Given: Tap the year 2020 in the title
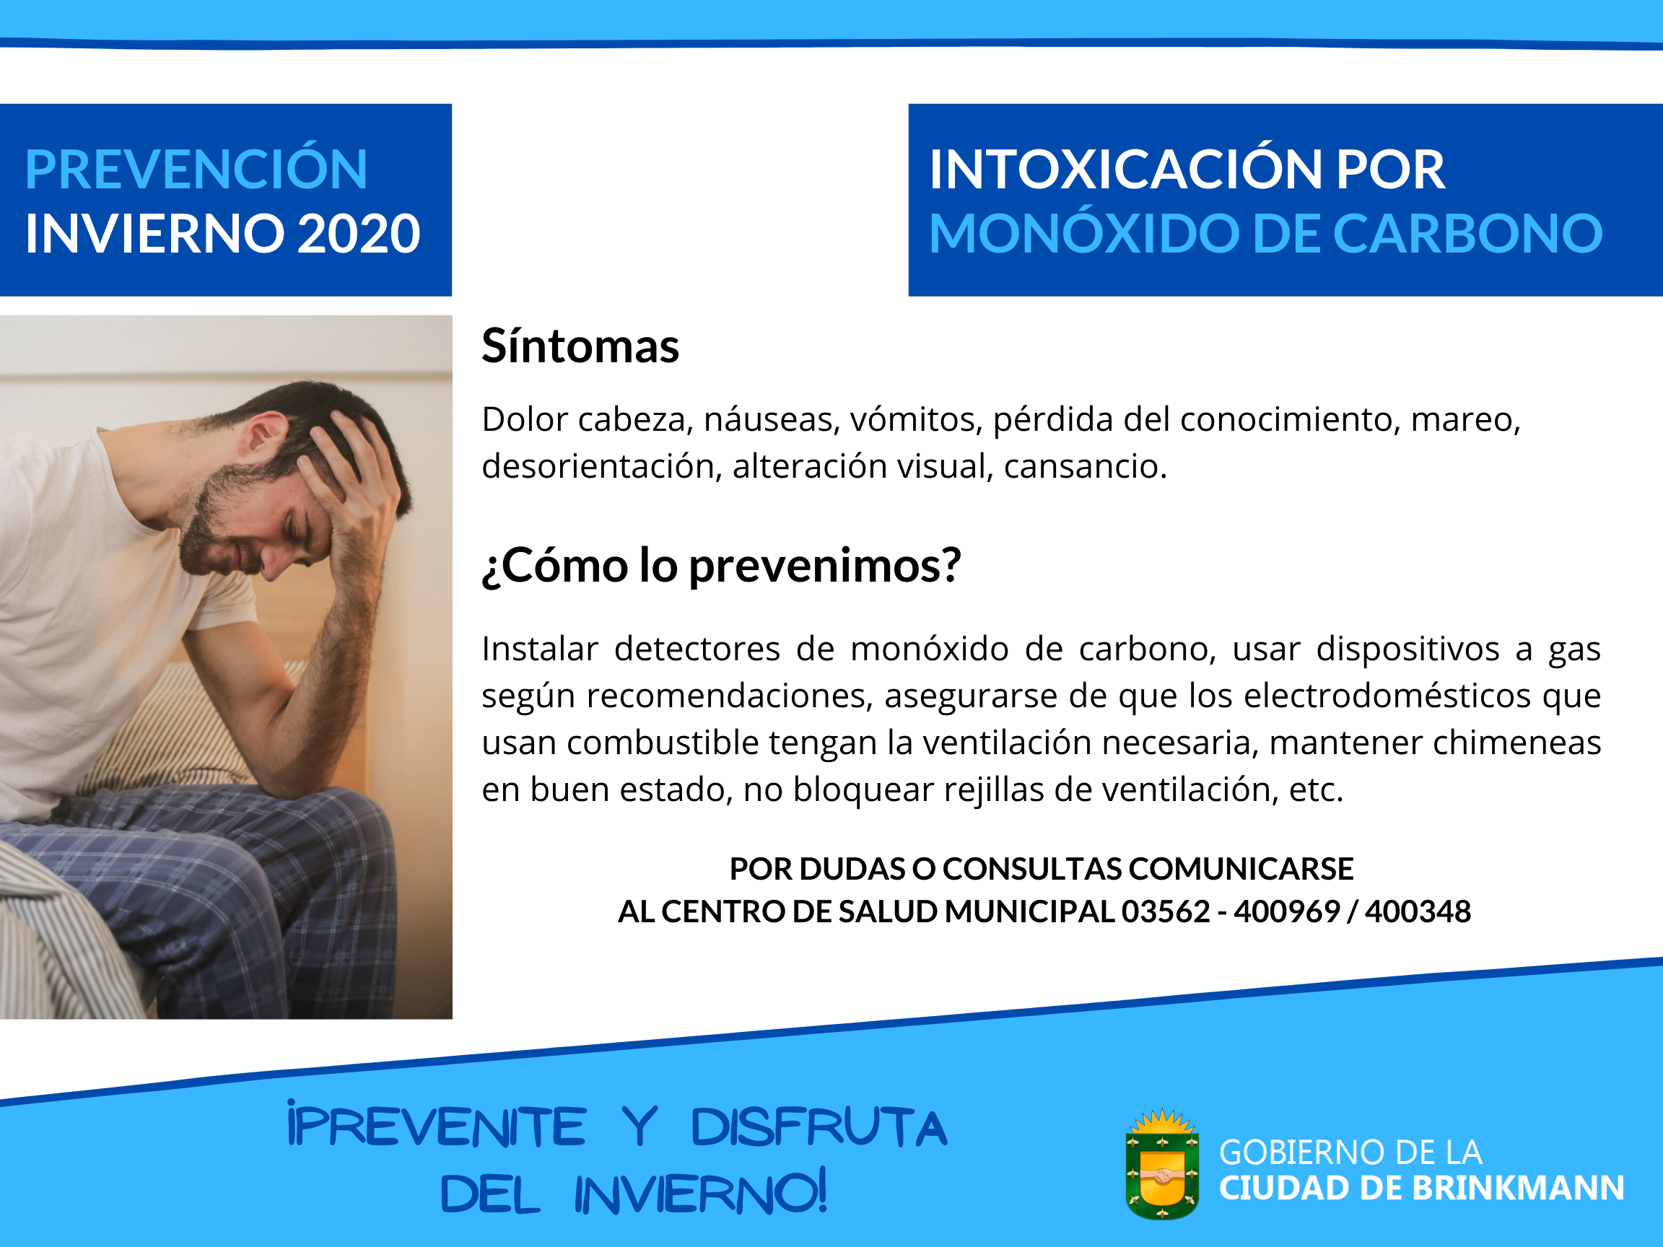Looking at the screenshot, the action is pos(359,233).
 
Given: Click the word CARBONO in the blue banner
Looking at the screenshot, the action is pos(1467,233).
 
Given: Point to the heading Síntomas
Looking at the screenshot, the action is pos(580,346).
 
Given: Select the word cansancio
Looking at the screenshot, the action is pos(1085,467).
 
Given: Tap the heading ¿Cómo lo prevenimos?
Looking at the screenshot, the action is pos(722,566).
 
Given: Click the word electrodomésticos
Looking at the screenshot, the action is pos(1387,695).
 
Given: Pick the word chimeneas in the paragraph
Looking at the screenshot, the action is pos(1517,743).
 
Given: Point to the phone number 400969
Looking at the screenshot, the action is pos(1286,911).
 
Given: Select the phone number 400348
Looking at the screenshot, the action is pos(1418,911).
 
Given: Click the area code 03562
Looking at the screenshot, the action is pos(1166,911).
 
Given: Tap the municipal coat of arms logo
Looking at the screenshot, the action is pos(1162,1163).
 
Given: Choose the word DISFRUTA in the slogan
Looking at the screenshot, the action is pos(819,1127).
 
